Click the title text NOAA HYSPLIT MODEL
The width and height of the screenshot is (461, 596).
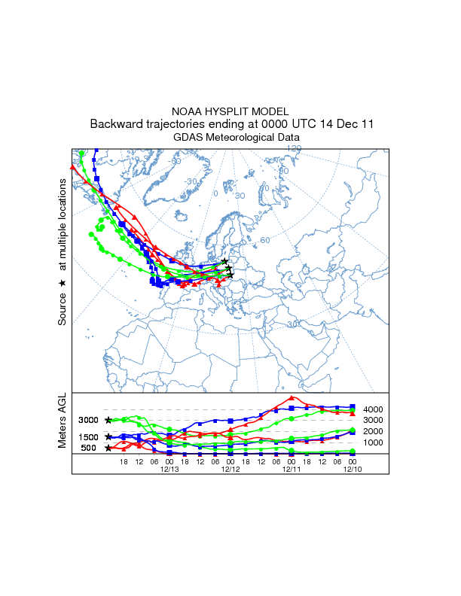tap(230, 111)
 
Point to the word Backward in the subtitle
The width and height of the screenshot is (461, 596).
tap(119, 124)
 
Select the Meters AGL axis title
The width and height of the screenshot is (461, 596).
tap(63, 424)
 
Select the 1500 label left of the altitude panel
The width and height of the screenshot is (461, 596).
tap(88, 437)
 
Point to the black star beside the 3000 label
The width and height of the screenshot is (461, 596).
tap(108, 420)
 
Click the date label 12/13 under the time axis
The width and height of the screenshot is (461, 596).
tap(169, 470)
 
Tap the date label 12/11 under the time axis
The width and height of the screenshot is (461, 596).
tap(291, 470)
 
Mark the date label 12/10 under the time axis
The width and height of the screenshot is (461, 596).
tap(352, 470)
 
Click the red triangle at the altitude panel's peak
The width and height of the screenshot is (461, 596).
tap(292, 398)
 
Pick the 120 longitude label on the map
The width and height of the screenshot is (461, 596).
tap(293, 150)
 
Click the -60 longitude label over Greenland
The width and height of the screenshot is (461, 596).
tap(176, 161)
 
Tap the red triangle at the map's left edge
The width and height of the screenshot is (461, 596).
tap(73, 166)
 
